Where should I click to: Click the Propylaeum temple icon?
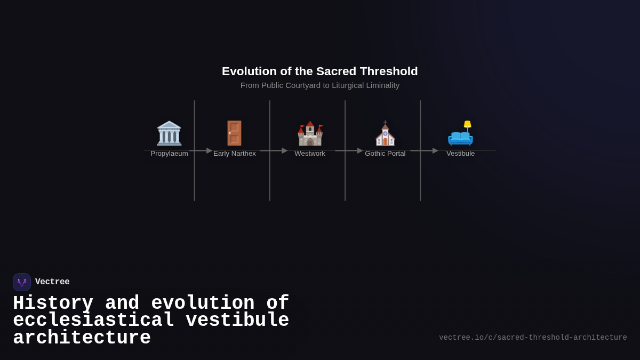click(x=169, y=133)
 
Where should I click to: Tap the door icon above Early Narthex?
click(x=235, y=133)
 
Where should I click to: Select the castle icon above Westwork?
click(x=310, y=133)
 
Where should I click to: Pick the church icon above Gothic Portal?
click(x=385, y=133)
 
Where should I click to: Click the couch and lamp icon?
click(x=460, y=133)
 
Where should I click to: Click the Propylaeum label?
click(x=169, y=154)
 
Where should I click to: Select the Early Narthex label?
click(x=235, y=154)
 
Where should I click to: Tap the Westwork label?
click(x=310, y=154)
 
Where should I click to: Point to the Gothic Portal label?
click(x=385, y=154)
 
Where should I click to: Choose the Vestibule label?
click(x=460, y=154)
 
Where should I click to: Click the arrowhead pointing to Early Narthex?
click(x=209, y=151)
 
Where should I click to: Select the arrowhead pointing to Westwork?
click(x=284, y=151)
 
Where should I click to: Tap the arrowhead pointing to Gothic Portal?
click(x=360, y=151)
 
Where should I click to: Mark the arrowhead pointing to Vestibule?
click(x=435, y=151)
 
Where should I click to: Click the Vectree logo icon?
click(x=22, y=282)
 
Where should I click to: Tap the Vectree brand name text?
click(x=52, y=282)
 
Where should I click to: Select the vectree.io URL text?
click(x=533, y=338)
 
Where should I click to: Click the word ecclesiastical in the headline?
click(x=94, y=321)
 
